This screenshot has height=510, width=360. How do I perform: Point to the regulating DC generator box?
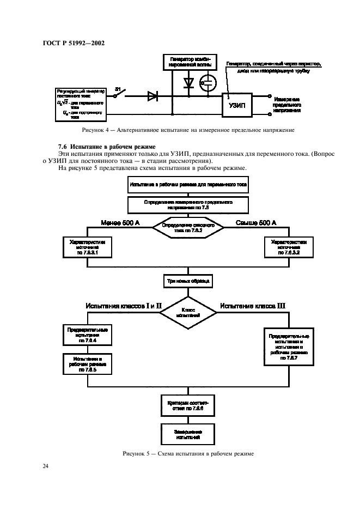click(x=79, y=102)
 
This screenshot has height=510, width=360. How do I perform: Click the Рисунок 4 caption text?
click(x=188, y=131)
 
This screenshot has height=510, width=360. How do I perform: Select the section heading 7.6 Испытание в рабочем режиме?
click(x=106, y=147)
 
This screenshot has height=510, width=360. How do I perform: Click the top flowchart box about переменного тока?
click(x=188, y=185)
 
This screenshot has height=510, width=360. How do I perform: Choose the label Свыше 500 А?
click(x=255, y=222)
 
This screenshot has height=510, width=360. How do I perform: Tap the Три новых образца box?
click(x=187, y=282)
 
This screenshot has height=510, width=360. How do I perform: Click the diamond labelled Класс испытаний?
click(x=188, y=312)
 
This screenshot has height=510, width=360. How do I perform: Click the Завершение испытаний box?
click(x=188, y=434)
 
